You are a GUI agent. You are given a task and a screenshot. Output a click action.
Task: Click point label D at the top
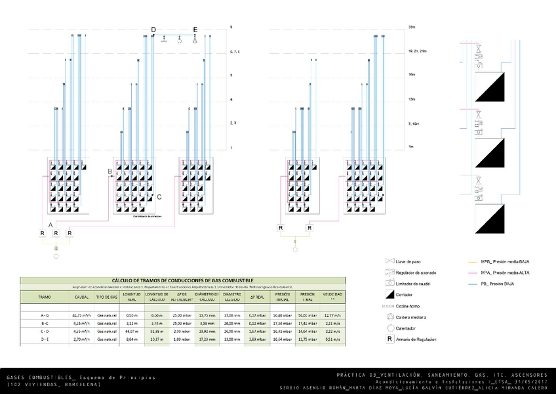(153, 30)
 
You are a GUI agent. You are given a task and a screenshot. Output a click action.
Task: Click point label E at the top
(195, 30)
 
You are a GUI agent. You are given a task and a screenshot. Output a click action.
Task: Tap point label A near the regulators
(50, 225)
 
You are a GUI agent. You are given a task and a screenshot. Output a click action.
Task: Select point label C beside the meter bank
(159, 196)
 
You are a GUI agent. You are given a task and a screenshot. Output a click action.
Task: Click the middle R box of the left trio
(56, 233)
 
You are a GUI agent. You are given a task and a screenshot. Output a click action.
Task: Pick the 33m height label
(412, 28)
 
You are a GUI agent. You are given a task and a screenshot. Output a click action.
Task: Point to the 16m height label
(412, 75)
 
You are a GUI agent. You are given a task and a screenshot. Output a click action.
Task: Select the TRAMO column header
(45, 297)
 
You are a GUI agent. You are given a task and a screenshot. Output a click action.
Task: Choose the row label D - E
(45, 340)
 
